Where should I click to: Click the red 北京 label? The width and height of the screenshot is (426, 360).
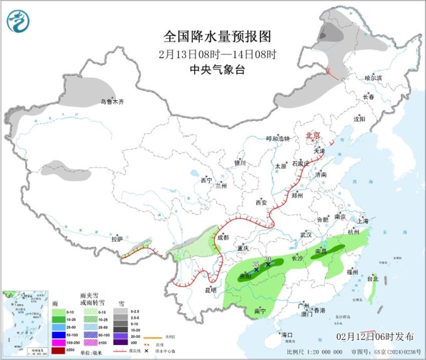coord(312,135)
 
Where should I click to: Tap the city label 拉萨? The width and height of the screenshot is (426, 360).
coord(117,239)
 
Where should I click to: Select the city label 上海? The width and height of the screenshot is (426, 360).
coord(363,220)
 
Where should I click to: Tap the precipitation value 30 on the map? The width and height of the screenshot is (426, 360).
coord(268,259)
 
